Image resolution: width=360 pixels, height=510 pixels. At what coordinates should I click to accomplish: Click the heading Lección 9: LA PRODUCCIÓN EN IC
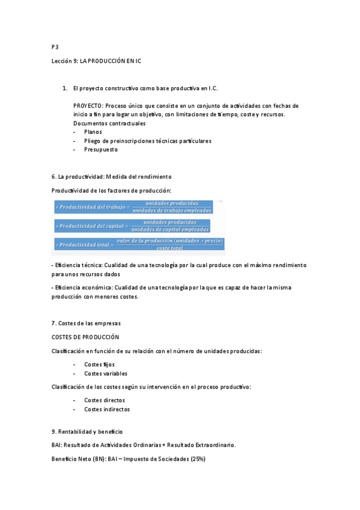point(96,61)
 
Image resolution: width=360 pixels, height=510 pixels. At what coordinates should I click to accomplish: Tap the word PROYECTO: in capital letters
point(88,106)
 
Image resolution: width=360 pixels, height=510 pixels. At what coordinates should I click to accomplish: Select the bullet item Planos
point(93,132)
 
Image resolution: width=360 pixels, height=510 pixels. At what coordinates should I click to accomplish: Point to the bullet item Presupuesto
point(101,150)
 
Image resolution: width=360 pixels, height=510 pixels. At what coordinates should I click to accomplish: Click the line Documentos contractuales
point(109,123)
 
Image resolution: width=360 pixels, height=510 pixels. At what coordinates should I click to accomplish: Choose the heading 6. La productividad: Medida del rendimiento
point(112,177)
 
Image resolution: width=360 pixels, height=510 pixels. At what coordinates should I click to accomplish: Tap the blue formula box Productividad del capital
point(132,226)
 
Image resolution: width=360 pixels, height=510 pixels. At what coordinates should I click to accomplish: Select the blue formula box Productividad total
point(139,244)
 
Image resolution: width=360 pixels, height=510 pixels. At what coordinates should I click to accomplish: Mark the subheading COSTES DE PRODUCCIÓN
point(85,337)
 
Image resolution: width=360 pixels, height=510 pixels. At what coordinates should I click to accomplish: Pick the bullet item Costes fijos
point(100,364)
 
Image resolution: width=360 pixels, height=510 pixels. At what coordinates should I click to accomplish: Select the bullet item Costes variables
point(106,373)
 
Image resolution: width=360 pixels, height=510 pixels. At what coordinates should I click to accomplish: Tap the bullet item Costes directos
point(105,400)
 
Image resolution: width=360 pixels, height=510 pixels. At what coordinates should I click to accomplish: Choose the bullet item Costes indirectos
point(107,410)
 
